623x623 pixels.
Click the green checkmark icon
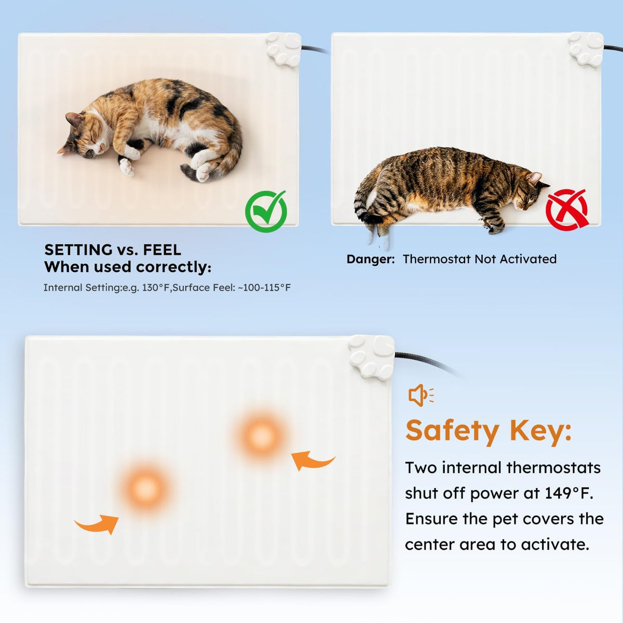coord(266,211)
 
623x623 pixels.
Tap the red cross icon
coord(567,210)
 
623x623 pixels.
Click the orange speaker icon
coord(421,395)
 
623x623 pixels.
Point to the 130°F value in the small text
coord(156,288)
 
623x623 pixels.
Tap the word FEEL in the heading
coord(162,250)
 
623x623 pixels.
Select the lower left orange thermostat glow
coord(146,488)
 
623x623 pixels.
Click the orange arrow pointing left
coord(313,460)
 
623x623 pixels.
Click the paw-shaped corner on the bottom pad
coord(372,358)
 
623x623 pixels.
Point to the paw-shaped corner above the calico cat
coord(283,49)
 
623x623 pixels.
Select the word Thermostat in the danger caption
coord(437,259)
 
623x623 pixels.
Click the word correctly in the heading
coord(173,267)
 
